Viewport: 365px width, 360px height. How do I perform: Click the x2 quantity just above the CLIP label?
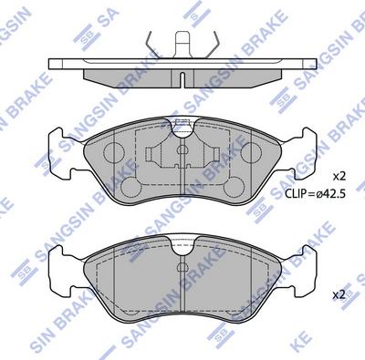pyautogui.click(x=339, y=174)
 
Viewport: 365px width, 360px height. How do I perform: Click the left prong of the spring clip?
pyautogui.click(x=148, y=41)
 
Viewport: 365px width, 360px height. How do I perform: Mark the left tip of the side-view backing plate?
pyautogui.click(x=50, y=64)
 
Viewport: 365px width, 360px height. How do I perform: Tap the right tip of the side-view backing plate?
pyautogui.click(x=316, y=64)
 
